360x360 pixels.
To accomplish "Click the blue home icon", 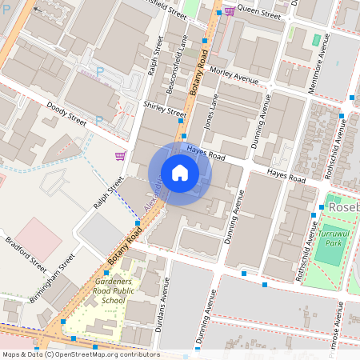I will (180, 173).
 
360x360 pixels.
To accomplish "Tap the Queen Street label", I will (259, 13).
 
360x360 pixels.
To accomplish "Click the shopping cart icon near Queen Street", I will (230, 11).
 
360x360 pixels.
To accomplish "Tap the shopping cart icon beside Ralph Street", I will (120, 156).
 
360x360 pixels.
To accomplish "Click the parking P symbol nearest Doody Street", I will (99, 121).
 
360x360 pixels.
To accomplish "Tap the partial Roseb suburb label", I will (344, 206).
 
